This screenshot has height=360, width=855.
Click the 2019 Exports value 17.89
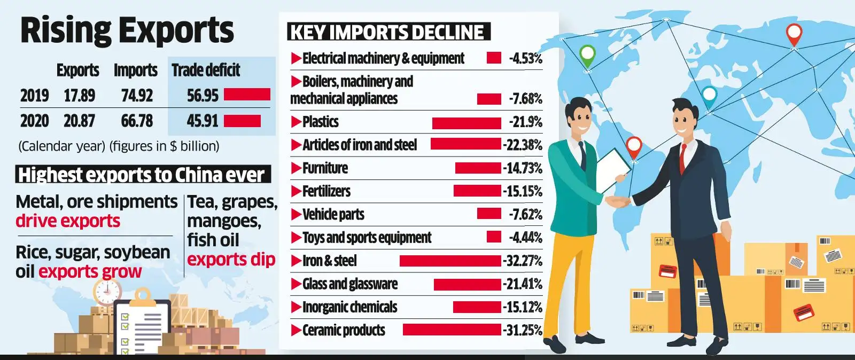[79, 96]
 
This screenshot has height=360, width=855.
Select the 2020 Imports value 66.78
[137, 121]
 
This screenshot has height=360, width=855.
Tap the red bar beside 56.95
[247, 95]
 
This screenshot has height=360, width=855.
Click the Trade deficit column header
[206, 70]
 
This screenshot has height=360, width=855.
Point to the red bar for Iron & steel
[450, 261]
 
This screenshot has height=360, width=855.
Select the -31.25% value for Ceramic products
[523, 330]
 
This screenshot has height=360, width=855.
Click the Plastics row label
[320, 122]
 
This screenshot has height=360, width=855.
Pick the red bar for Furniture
[478, 168]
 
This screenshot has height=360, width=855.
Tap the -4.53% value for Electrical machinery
[525, 58]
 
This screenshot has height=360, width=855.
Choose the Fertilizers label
[326, 191]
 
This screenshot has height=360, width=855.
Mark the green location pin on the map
[587, 55]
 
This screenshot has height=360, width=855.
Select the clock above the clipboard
[107, 291]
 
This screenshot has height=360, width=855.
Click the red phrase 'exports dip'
[231, 260]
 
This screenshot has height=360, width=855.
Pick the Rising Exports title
[127, 30]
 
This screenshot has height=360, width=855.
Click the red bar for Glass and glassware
[467, 284]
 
